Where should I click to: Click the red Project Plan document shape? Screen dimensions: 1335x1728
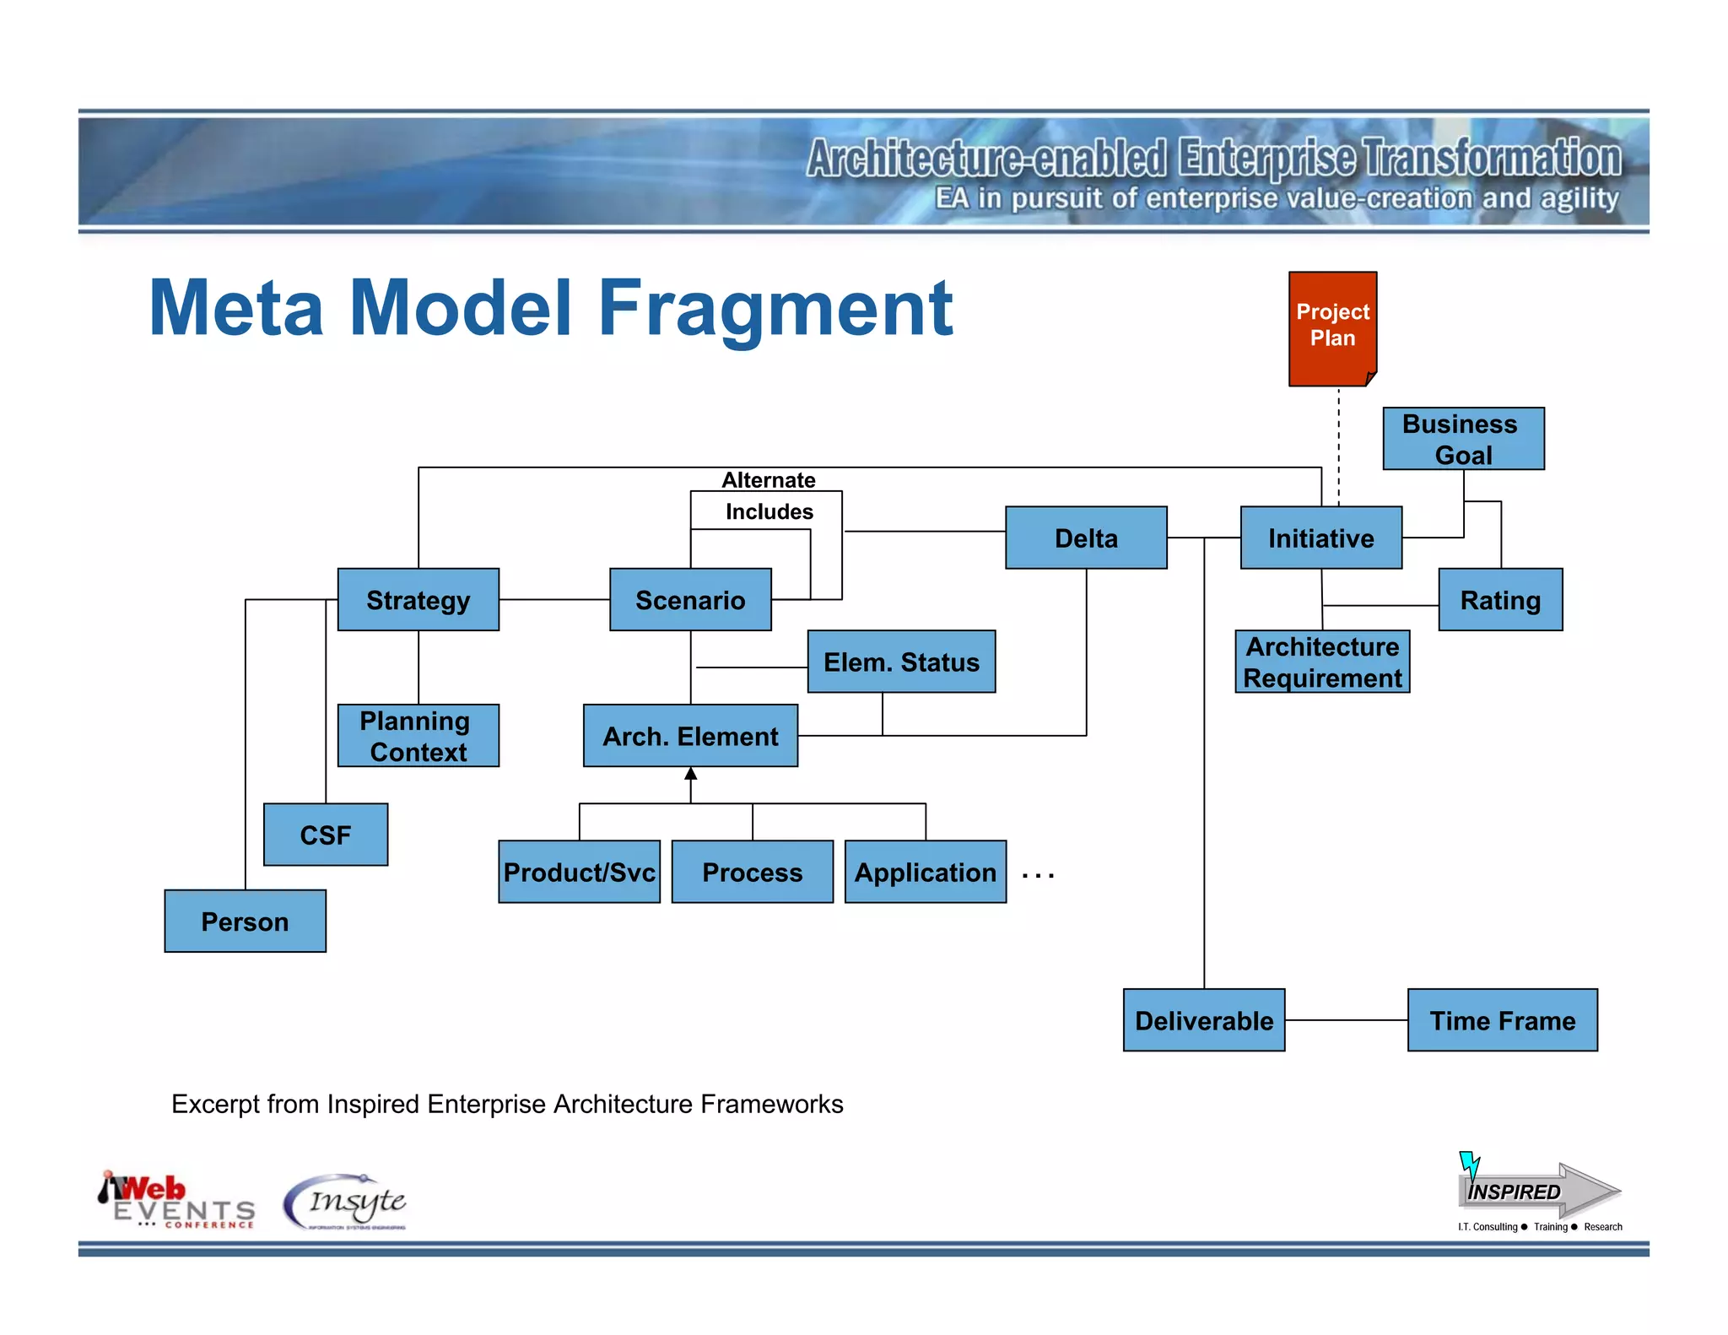(x=1332, y=328)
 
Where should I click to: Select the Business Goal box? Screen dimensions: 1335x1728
(x=1463, y=439)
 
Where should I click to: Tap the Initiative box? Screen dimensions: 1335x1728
(x=1320, y=538)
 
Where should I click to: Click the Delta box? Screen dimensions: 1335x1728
(x=1086, y=538)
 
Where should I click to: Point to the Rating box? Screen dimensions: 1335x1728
(x=1500, y=600)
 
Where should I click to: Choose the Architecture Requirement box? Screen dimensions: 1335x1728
(x=1322, y=662)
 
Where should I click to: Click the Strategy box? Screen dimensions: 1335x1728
(x=418, y=600)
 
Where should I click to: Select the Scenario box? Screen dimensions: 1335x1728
(x=690, y=600)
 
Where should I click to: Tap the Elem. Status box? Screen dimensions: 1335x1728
(x=901, y=662)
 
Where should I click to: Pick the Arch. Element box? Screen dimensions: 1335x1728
(x=690, y=736)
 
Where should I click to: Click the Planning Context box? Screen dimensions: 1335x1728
(x=418, y=736)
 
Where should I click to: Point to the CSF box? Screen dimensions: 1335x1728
(x=325, y=835)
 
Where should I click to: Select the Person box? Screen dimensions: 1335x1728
(x=245, y=922)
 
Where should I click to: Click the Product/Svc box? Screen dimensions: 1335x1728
(x=579, y=872)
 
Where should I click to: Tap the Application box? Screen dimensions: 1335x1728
(x=925, y=872)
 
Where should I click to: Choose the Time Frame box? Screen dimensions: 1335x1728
(x=1502, y=1020)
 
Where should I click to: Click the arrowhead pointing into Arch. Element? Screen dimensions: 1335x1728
(x=690, y=774)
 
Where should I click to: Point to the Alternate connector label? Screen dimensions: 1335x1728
(x=768, y=480)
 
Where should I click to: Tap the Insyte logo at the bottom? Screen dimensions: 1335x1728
(x=346, y=1202)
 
